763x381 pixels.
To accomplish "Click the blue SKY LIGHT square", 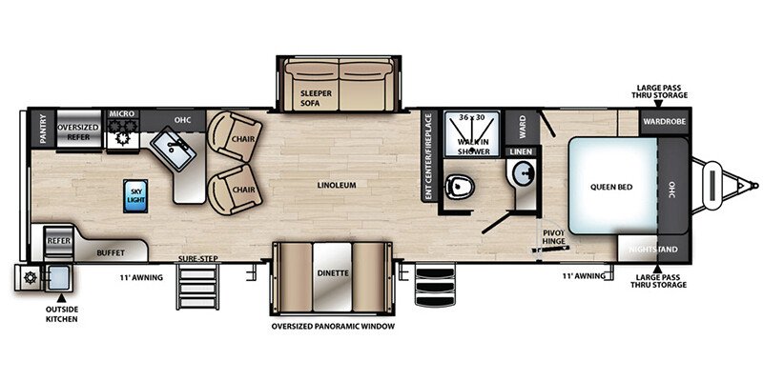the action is coord(135,196).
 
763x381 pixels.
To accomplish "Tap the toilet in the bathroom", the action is coord(460,185).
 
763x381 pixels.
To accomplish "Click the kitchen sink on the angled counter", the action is coord(174,149).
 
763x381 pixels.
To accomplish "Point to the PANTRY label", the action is coord(43,129).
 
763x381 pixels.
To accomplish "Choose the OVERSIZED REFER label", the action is coord(78,132).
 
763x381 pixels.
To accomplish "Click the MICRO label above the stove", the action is coord(122,113).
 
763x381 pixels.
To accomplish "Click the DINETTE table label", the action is coord(333,273).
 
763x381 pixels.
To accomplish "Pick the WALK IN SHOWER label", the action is coord(472,147).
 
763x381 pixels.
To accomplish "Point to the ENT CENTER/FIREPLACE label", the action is coord(428,157).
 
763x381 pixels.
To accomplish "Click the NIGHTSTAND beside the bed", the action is coord(652,250).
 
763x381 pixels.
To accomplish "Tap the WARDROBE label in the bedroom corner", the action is coord(664,122).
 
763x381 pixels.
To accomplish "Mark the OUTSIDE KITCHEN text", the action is coord(61,314).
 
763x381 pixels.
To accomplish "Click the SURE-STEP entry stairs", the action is coord(197,287).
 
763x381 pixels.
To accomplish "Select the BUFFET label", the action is coord(111,252).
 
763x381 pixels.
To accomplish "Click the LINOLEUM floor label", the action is coord(337,185).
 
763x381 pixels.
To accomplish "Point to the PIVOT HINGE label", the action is coord(554,236).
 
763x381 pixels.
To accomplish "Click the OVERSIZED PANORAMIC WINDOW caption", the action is coord(333,326).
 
